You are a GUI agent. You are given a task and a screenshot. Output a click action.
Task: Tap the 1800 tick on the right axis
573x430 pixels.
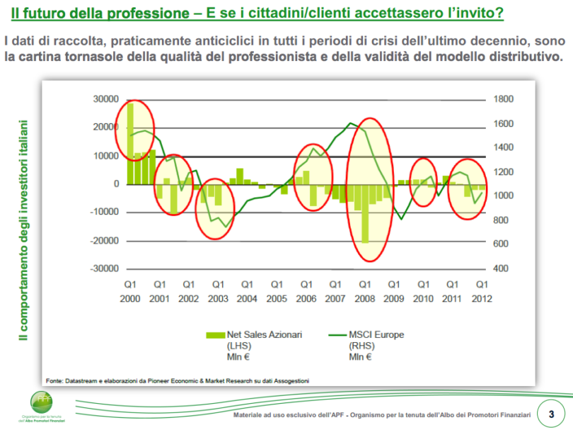pos(507,99)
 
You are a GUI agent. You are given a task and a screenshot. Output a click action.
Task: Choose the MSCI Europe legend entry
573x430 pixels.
pos(379,334)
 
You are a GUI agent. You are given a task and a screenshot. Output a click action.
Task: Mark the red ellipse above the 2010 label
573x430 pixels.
pos(424,181)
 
